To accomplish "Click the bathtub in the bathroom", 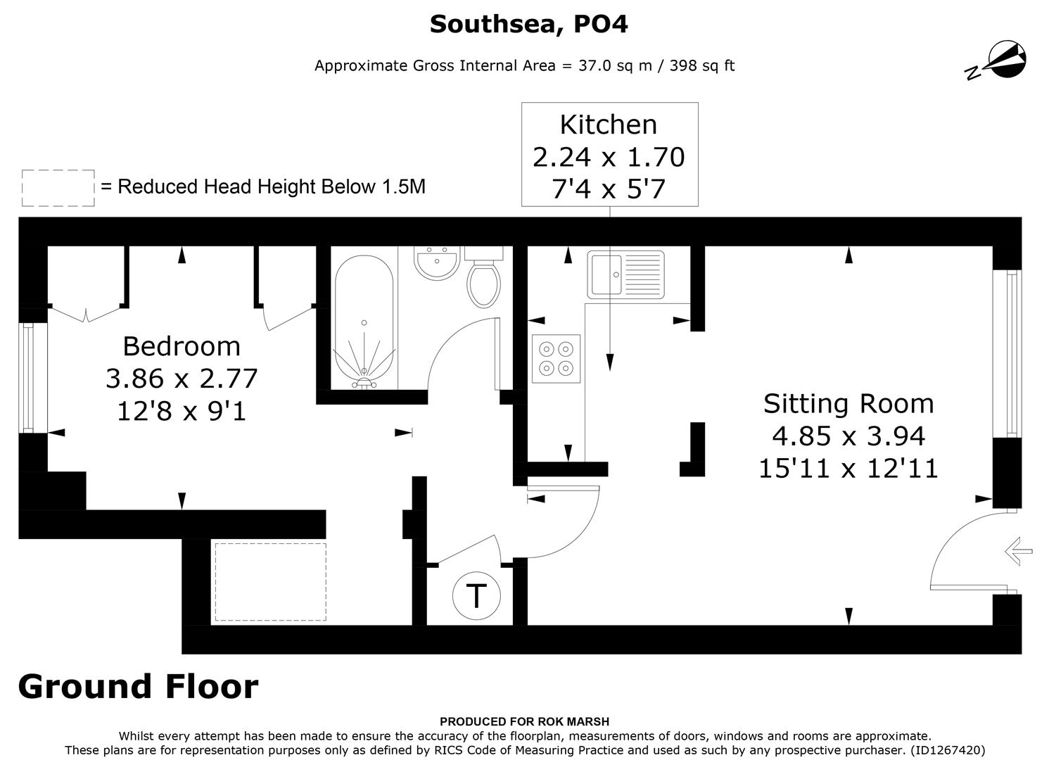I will tap(364, 320).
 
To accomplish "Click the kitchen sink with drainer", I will tap(626, 274).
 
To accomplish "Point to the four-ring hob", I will tap(556, 359).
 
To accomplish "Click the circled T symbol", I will tap(476, 595).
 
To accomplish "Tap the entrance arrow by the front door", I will tap(1018, 550).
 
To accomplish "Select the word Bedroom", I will tap(182, 346).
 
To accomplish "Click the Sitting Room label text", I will tap(848, 403).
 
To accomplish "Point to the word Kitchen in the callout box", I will tap(609, 125).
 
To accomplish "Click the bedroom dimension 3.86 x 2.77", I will tap(182, 379).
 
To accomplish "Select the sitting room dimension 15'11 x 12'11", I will tap(848, 468).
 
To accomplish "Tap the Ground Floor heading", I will tap(138, 686).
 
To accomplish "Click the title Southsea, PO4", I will tap(528, 24).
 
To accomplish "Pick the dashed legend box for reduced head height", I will tap(58, 188).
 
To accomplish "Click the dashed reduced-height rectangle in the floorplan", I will tap(270, 582).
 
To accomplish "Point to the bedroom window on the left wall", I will tap(28, 377).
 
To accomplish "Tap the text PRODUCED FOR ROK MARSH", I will tap(524, 721).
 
